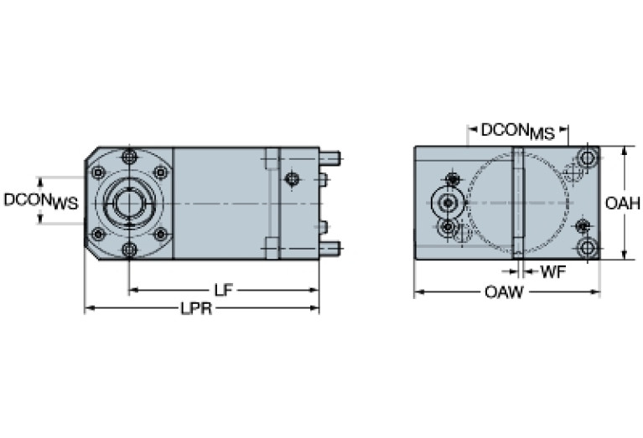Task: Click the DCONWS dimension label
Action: [41, 201]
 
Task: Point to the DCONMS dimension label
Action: [516, 131]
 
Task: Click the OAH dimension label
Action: [623, 203]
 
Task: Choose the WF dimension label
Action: [551, 271]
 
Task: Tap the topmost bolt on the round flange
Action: [128, 157]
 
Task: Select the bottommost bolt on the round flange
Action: [128, 249]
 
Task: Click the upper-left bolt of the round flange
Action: [98, 173]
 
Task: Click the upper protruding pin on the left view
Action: [329, 157]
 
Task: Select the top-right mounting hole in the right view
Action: [588, 158]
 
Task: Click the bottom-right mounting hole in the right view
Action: [588, 247]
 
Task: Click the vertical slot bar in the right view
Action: [518, 203]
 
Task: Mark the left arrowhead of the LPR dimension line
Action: [88, 309]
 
